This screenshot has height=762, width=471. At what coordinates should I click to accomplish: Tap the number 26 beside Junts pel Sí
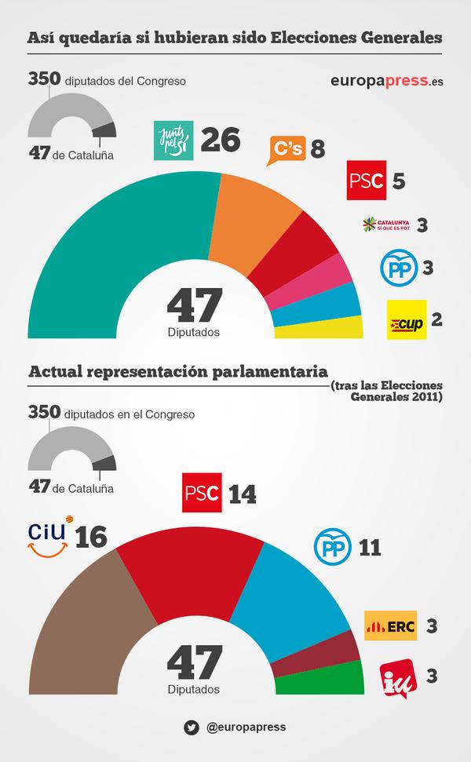[220, 141]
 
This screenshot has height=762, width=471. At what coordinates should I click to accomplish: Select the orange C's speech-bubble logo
[287, 149]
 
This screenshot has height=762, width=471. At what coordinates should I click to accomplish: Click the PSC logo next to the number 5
[365, 180]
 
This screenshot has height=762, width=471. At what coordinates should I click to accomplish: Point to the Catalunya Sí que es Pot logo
[386, 226]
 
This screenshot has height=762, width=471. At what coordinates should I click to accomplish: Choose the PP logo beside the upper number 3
[396, 268]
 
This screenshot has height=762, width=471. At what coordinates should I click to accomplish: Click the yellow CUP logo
[407, 319]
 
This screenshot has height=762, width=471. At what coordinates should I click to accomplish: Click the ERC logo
[390, 626]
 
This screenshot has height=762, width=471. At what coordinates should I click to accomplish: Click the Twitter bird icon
[191, 727]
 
